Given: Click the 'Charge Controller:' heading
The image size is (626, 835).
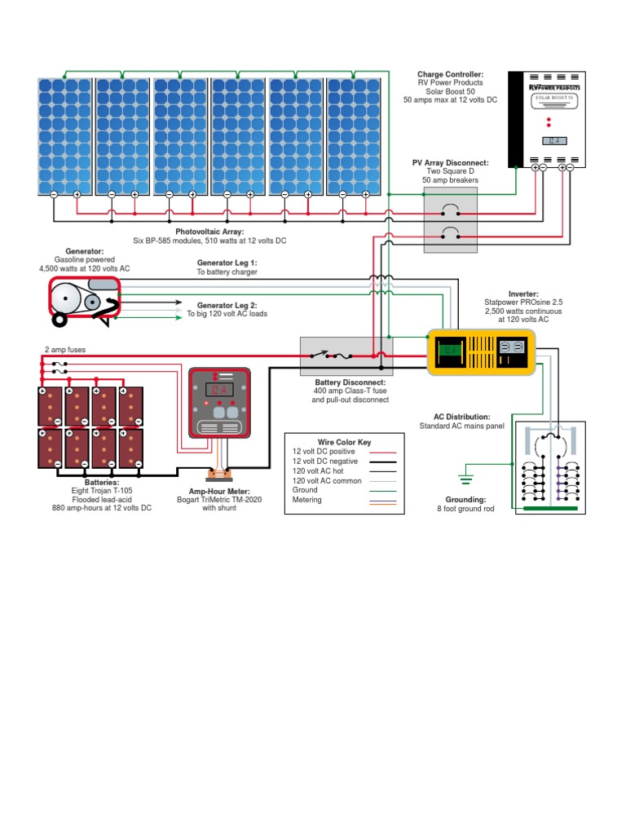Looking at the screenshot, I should [450, 74].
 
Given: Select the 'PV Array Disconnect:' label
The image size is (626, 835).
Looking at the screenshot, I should [450, 163].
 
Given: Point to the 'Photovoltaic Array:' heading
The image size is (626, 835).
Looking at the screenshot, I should [209, 232].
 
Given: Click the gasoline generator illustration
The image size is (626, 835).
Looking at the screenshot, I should [84, 299].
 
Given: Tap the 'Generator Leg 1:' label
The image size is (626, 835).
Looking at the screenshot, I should [227, 263].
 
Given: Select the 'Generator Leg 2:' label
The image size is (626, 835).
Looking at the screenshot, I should [227, 305].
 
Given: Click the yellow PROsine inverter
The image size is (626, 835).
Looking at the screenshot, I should [481, 351].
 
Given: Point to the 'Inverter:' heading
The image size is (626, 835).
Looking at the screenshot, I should [523, 294].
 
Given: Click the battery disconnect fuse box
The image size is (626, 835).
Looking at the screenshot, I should [346, 356].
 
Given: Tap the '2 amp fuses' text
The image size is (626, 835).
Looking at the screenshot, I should [64, 349].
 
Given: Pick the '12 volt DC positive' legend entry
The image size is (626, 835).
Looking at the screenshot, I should [324, 451].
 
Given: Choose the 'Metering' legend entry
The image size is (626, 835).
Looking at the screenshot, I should [307, 500].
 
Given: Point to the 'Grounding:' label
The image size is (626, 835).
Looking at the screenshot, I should [465, 499].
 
